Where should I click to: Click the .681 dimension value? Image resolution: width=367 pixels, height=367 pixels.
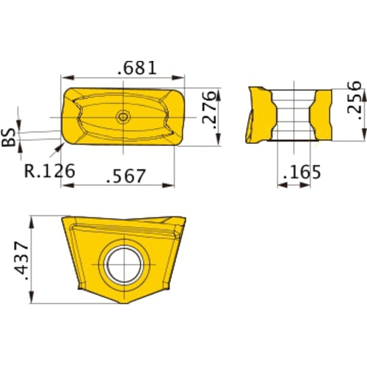click(137, 68)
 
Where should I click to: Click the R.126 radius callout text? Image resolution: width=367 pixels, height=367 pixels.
click(49, 170)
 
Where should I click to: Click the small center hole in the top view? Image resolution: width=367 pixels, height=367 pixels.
click(123, 116)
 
